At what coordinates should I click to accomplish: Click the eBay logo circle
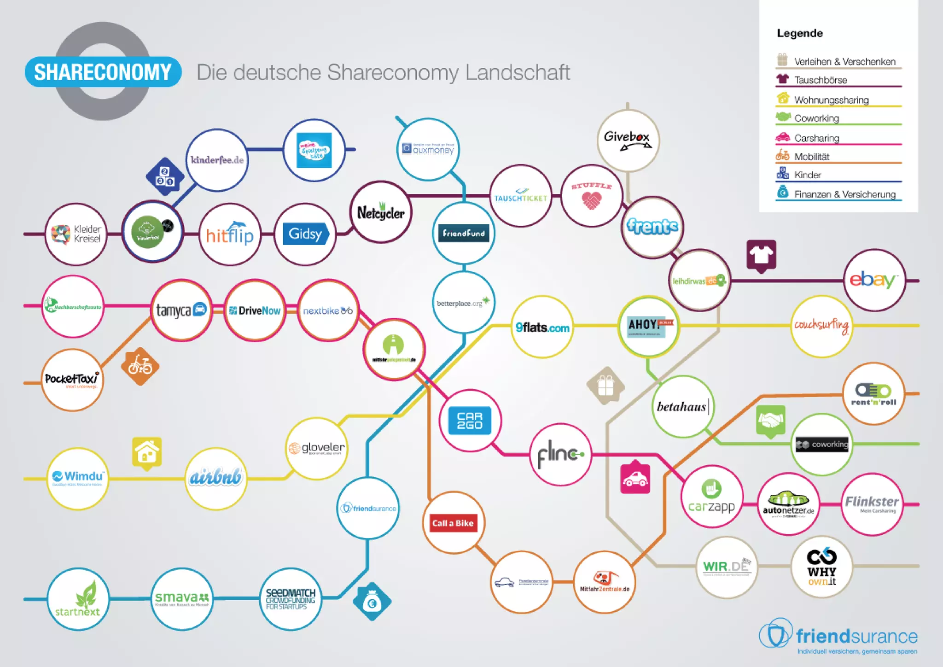click(874, 280)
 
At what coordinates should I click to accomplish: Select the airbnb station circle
click(215, 478)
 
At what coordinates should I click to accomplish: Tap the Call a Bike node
click(453, 523)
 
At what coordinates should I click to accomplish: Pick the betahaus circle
click(682, 406)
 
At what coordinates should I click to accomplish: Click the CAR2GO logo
click(470, 421)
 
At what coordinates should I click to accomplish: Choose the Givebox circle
click(628, 140)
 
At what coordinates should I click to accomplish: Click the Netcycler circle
click(381, 212)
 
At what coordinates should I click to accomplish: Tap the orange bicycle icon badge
click(140, 366)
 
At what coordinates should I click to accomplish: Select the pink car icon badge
click(635, 479)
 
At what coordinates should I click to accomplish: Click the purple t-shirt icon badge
click(761, 255)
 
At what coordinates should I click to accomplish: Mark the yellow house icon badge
click(147, 452)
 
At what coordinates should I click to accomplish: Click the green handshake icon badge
click(770, 421)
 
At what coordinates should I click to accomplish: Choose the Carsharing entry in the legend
click(816, 138)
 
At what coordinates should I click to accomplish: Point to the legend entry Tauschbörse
click(820, 80)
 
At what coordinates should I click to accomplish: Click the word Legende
click(800, 33)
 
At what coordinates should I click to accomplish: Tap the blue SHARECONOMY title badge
click(103, 72)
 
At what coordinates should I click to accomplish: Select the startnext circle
click(78, 599)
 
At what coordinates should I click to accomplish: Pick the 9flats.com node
click(542, 327)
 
